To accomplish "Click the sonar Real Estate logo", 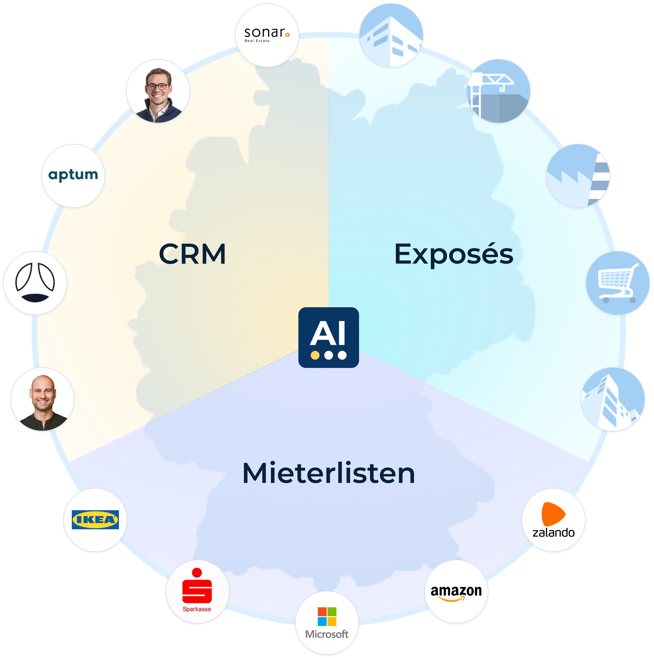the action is [267, 35].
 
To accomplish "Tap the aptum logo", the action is [73, 175].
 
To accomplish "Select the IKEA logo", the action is [95, 520].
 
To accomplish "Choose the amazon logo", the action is [456, 592].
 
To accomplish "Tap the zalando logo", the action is [553, 520].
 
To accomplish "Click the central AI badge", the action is [328, 337].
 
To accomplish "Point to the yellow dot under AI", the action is [315, 355].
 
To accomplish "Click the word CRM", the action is [192, 254].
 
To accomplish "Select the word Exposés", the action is [453, 254].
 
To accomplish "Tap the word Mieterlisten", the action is [328, 473].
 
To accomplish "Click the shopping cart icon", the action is [617, 283].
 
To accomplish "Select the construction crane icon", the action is [499, 90].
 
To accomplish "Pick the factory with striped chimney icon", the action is [578, 176].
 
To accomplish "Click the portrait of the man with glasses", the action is [158, 92].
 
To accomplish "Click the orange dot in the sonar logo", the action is [288, 34].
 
